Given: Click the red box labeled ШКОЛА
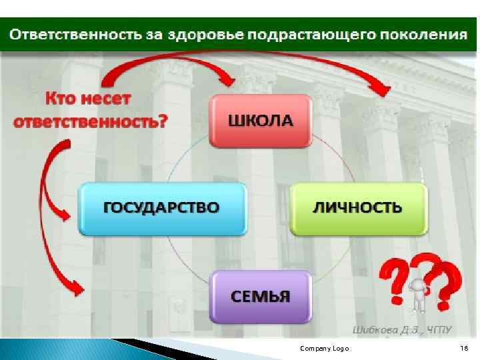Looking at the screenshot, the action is pos(261,121).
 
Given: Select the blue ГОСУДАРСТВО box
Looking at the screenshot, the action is pos(161,207).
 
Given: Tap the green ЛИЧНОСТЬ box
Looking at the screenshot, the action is pos(357,207).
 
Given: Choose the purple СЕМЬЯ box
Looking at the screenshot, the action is pos(261,295).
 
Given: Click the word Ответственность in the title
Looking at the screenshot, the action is pos(75,34).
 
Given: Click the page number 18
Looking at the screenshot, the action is pos(464,349).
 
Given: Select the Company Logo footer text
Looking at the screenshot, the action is pos(324,349).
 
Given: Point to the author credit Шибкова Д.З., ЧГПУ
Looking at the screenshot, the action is pos(401,329).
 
